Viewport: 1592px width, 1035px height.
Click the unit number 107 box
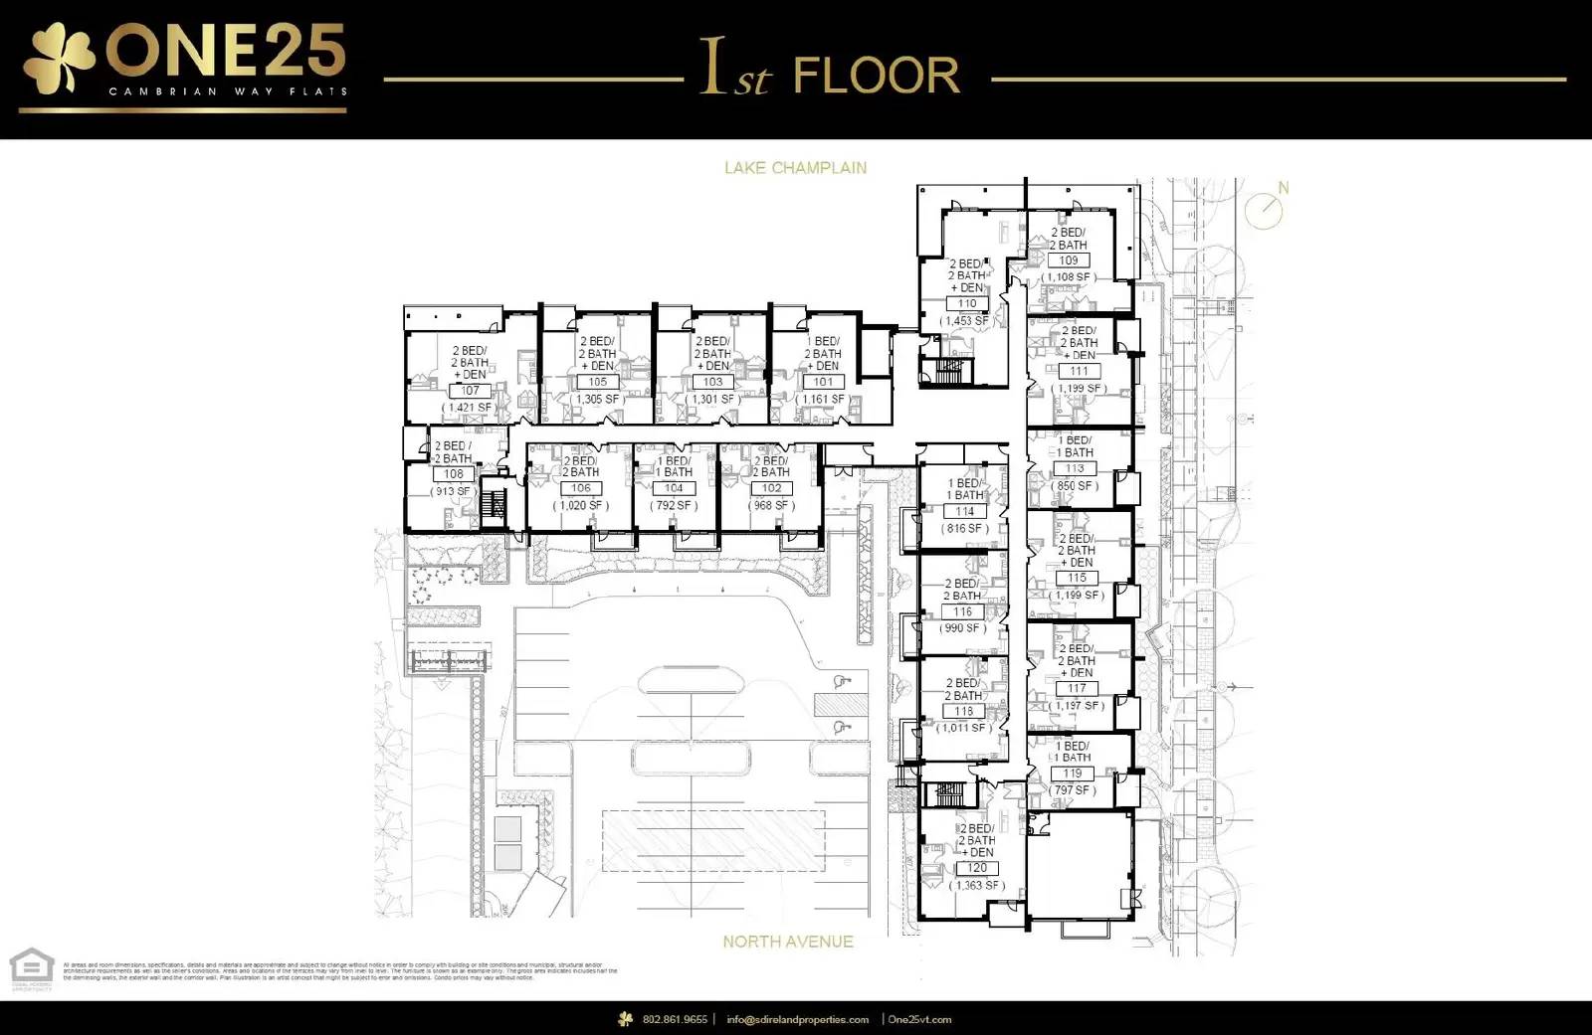(x=470, y=391)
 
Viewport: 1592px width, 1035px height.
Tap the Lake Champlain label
(x=795, y=168)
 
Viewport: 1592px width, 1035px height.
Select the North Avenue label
(x=787, y=942)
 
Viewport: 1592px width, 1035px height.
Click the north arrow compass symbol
(x=1266, y=209)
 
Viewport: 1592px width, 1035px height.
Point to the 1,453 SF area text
(x=965, y=321)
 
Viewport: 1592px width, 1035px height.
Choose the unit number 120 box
(x=977, y=868)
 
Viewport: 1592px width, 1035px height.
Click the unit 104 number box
(x=674, y=488)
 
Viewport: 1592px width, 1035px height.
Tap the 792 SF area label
(x=674, y=505)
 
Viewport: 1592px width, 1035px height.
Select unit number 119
(x=1072, y=774)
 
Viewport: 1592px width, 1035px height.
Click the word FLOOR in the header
(x=877, y=77)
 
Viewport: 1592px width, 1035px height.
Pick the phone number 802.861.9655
(x=675, y=1019)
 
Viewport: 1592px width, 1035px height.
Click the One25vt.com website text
(x=919, y=1019)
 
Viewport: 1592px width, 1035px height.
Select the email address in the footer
(x=797, y=1019)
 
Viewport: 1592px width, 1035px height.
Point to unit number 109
(x=1069, y=260)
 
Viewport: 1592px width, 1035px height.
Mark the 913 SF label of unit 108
(x=454, y=491)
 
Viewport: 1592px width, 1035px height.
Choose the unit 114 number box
(x=964, y=512)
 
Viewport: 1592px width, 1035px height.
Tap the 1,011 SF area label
(x=962, y=728)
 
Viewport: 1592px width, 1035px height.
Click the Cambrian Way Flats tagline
(x=228, y=91)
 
